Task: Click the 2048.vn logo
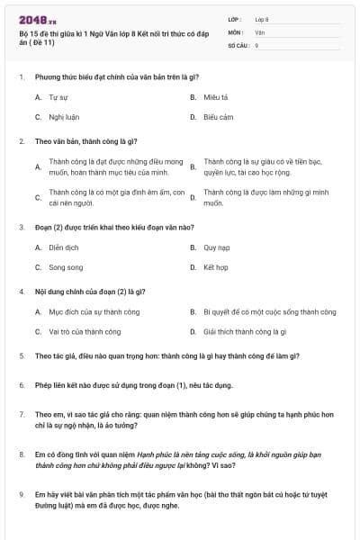tap(37, 19)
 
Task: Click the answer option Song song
tap(66, 267)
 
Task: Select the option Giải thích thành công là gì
tap(244, 331)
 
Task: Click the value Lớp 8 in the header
tap(262, 19)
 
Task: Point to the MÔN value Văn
tap(260, 31)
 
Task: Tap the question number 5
tap(22, 356)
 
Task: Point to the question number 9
tap(22, 494)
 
